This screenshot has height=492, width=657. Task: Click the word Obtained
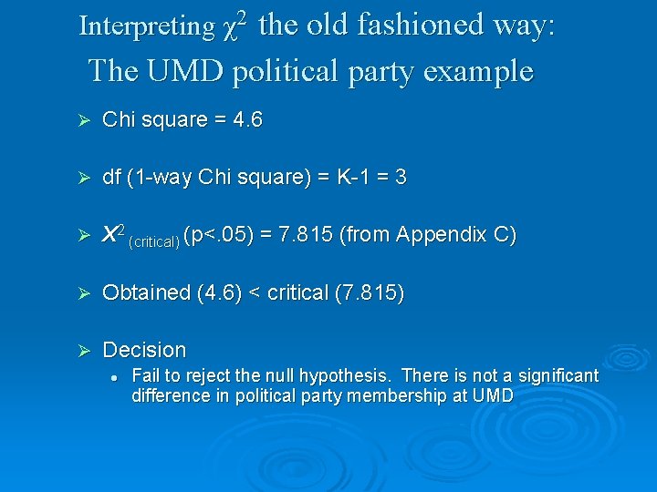[146, 292]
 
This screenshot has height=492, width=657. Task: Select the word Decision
[144, 350]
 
